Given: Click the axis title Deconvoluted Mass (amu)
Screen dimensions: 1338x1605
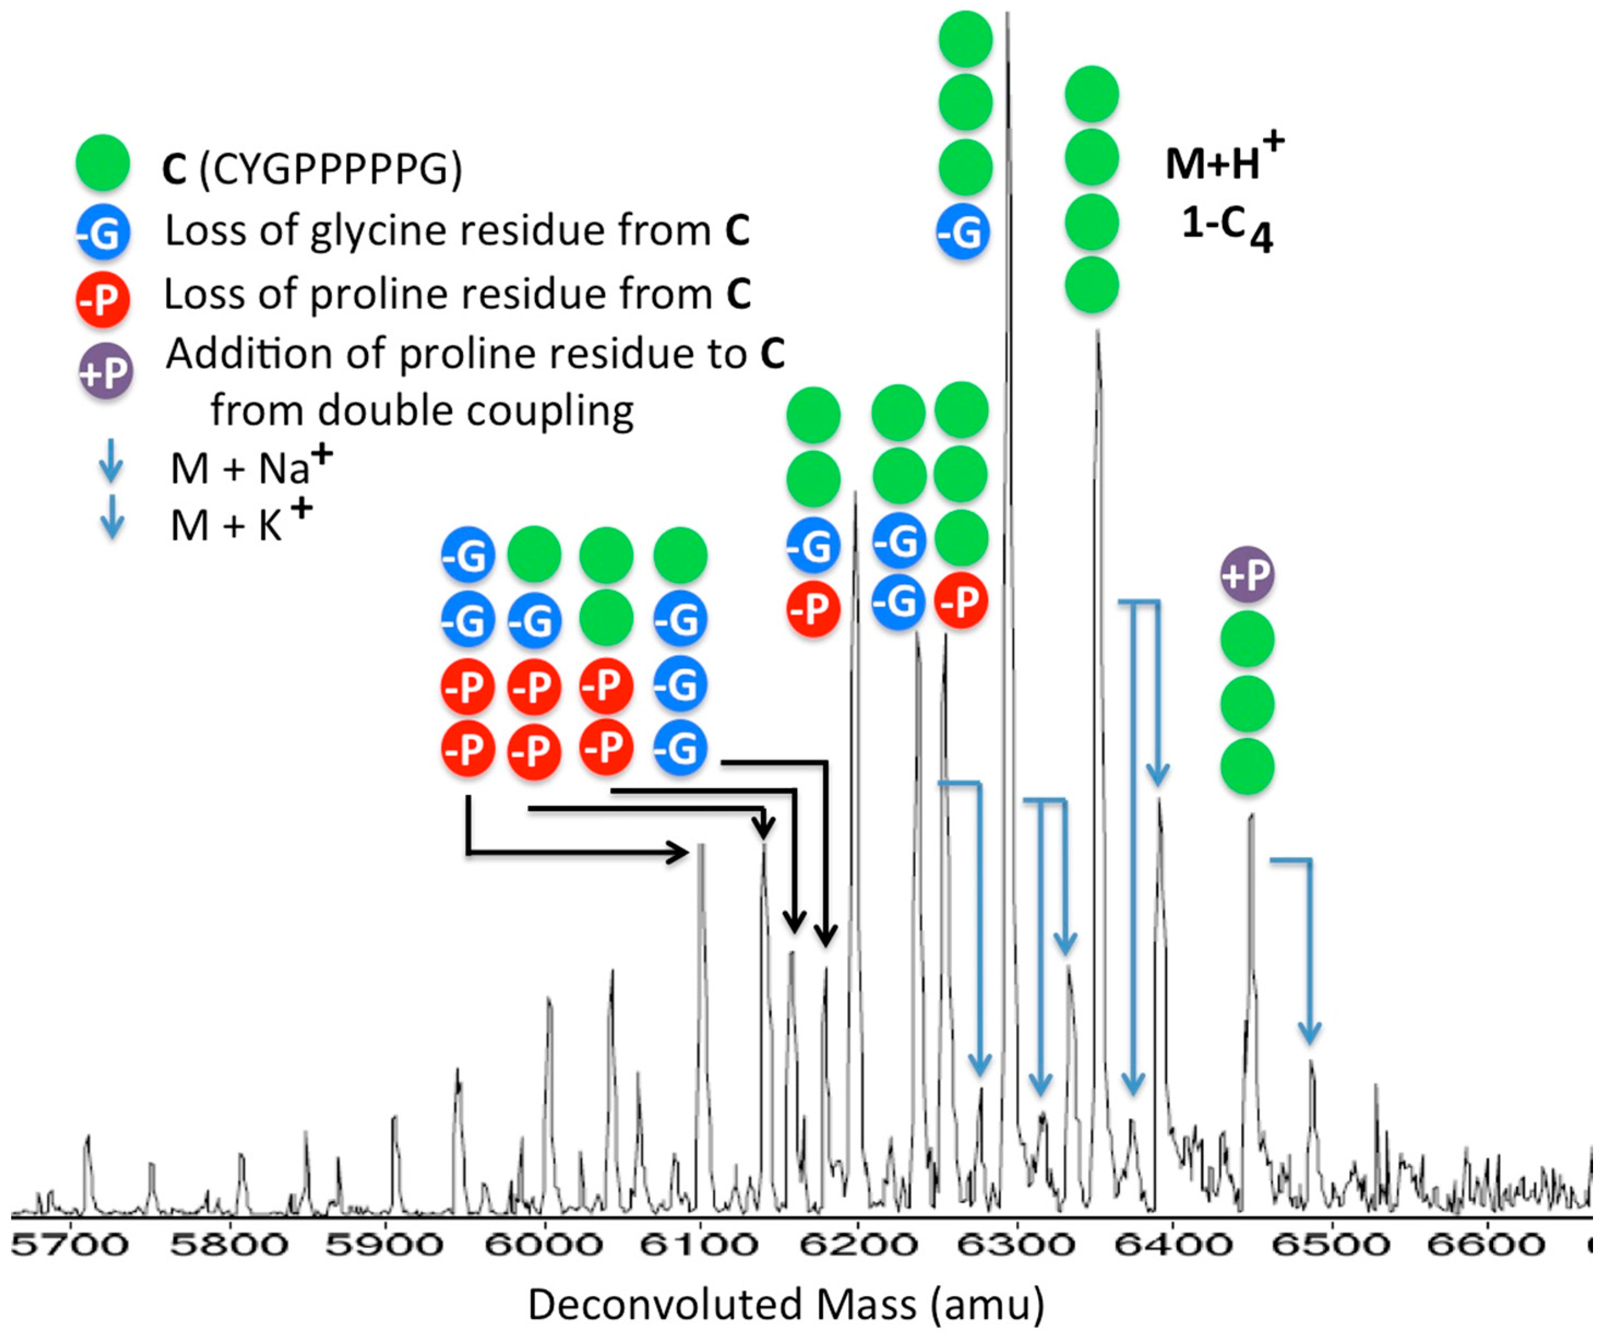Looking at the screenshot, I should [786, 1304].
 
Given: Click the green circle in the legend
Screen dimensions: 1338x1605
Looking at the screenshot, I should [103, 163].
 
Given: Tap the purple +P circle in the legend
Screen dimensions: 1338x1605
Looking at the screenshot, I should [105, 372].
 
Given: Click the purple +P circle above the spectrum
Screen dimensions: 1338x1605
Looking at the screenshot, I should [1247, 573].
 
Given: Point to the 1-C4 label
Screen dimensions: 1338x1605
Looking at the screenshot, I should [1227, 227].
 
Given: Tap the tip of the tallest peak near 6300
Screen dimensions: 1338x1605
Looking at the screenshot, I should [1007, 15].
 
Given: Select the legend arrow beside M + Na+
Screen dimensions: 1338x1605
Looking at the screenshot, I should [112, 461].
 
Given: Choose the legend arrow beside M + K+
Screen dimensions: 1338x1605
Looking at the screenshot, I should [112, 518].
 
